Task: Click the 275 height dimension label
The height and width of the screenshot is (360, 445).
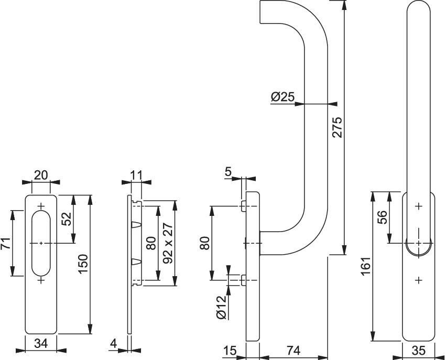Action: (x=337, y=126)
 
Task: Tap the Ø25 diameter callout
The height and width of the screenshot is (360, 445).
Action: (x=283, y=97)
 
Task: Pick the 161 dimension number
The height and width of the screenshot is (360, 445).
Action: (x=367, y=267)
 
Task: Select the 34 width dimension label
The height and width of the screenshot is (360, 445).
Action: (x=41, y=344)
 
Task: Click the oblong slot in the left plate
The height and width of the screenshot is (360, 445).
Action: (x=41, y=243)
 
